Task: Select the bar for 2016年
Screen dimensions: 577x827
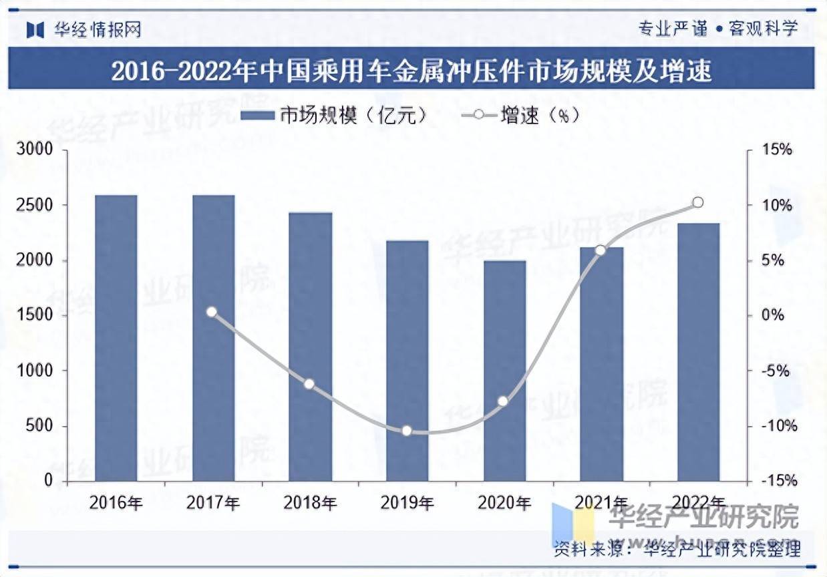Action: click(116, 338)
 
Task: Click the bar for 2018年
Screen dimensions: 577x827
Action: click(310, 347)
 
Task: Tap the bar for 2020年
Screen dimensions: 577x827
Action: click(504, 371)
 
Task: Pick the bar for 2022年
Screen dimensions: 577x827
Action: click(698, 352)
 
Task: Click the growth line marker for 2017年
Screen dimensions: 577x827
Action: click(212, 312)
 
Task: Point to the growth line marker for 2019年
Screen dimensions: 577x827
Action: click(407, 431)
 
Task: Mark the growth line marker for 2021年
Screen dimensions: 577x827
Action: click(601, 250)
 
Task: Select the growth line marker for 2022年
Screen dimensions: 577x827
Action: click(698, 202)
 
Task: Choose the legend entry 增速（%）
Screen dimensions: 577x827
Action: click(520, 116)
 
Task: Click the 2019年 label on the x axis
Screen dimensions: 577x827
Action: click(407, 503)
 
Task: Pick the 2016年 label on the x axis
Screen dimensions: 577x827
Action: click(116, 503)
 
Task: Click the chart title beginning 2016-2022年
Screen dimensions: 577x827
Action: click(411, 70)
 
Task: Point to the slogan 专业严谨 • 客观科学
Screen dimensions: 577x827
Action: click(718, 29)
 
